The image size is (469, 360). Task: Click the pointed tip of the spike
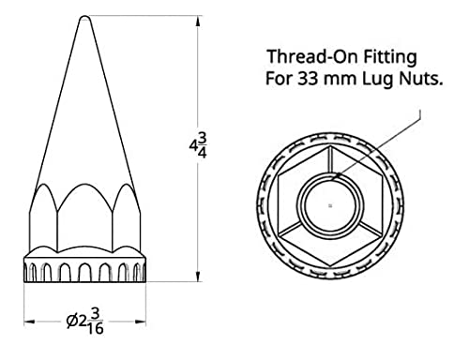click(85, 18)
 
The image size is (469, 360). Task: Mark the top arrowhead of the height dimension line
click(197, 21)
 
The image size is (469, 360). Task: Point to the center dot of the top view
click(330, 203)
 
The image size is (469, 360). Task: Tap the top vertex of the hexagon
click(330, 146)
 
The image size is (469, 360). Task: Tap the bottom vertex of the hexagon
click(330, 262)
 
